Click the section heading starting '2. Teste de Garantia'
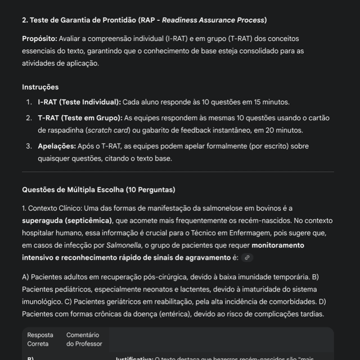pyautogui.click(x=144, y=20)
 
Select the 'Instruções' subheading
pyautogui.click(x=40, y=87)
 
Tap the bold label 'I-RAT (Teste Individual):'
pyautogui.click(x=79, y=102)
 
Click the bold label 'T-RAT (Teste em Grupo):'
pyautogui.click(x=80, y=118)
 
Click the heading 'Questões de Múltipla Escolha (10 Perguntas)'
pyautogui.click(x=98, y=190)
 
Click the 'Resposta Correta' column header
pyautogui.click(x=40, y=339)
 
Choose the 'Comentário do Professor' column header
pyautogui.click(x=84, y=339)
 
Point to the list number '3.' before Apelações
pyautogui.click(x=29, y=146)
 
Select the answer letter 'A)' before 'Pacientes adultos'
pyautogui.click(x=26, y=277)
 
